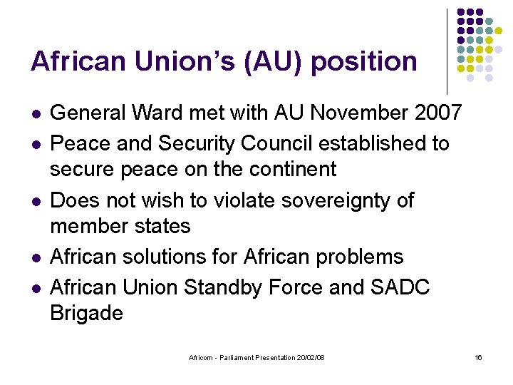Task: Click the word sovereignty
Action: pyautogui.click(x=348, y=201)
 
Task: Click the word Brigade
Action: pyautogui.click(x=86, y=313)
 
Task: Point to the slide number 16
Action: pyautogui.click(x=478, y=356)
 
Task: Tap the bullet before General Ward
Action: pyautogui.click(x=35, y=113)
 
